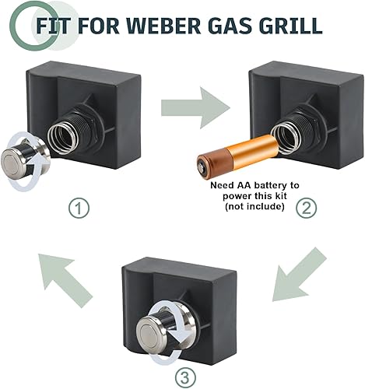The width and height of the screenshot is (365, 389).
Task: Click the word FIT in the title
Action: click(53, 25)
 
